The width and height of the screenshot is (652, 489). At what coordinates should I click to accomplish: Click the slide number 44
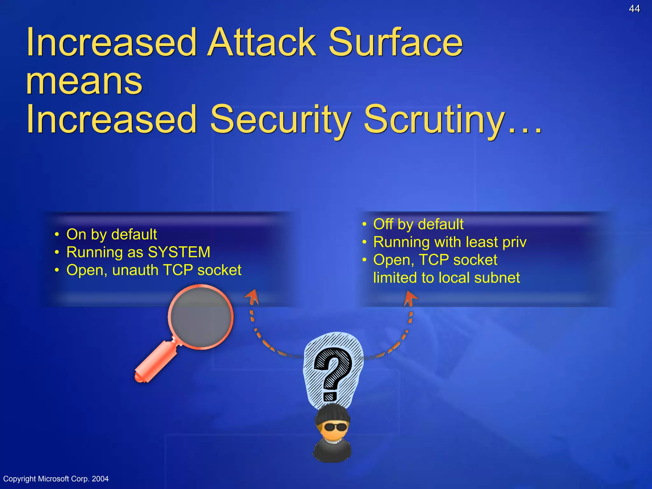(634, 9)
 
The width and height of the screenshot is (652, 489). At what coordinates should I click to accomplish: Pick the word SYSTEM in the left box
(179, 252)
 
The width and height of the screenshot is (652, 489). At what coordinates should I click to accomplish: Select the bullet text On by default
(111, 234)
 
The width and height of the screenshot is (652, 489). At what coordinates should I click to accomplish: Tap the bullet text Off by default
(418, 224)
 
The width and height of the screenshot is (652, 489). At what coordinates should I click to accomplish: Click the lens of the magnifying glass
(201, 317)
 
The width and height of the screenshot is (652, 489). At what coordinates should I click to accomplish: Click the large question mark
(333, 372)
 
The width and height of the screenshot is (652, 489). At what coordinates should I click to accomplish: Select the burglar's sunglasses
(335, 427)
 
